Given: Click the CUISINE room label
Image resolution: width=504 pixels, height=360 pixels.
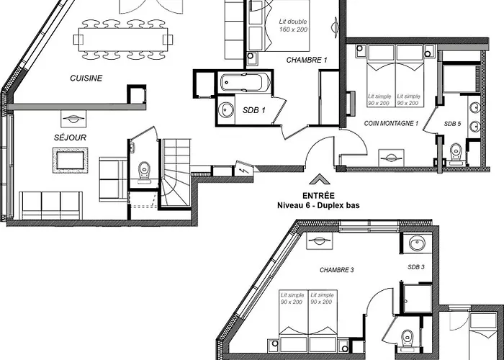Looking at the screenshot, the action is [x=86, y=78].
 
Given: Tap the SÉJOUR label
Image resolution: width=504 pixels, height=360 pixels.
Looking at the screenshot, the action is [x=70, y=138].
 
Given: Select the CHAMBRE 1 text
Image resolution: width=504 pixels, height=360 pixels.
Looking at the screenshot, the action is [x=307, y=60].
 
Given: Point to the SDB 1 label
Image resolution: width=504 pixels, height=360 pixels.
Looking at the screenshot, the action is [x=254, y=110].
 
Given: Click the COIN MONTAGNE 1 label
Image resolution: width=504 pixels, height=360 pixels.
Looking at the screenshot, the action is [x=391, y=123].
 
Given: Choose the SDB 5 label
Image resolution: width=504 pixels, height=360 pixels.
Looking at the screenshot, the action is [x=452, y=124].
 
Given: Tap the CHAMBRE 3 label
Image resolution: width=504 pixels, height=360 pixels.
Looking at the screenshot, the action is [x=336, y=270].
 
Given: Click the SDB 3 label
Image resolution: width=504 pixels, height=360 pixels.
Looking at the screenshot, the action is [x=416, y=267].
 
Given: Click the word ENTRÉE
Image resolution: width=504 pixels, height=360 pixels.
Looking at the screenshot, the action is [x=318, y=196].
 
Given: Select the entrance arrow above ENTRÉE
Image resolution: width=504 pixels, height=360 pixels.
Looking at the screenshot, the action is [x=319, y=179].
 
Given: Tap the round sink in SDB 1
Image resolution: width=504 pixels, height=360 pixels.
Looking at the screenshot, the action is [x=227, y=109].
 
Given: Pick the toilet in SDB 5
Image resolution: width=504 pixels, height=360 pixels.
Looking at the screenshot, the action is [x=456, y=153].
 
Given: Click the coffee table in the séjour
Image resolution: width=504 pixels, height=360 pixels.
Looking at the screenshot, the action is [x=71, y=161].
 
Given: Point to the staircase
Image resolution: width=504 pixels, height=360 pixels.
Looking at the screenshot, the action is [x=176, y=173].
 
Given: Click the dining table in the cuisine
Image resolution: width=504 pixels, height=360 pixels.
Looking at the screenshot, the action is [x=123, y=40].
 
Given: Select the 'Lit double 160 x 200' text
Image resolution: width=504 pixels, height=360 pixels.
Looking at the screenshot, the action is [x=293, y=25].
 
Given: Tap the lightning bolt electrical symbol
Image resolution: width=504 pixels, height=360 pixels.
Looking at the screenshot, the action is [x=243, y=168].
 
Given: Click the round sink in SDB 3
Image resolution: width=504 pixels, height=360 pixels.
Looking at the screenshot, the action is [x=418, y=243].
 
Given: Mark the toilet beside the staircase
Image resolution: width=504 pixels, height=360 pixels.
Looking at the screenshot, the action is [x=144, y=171].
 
